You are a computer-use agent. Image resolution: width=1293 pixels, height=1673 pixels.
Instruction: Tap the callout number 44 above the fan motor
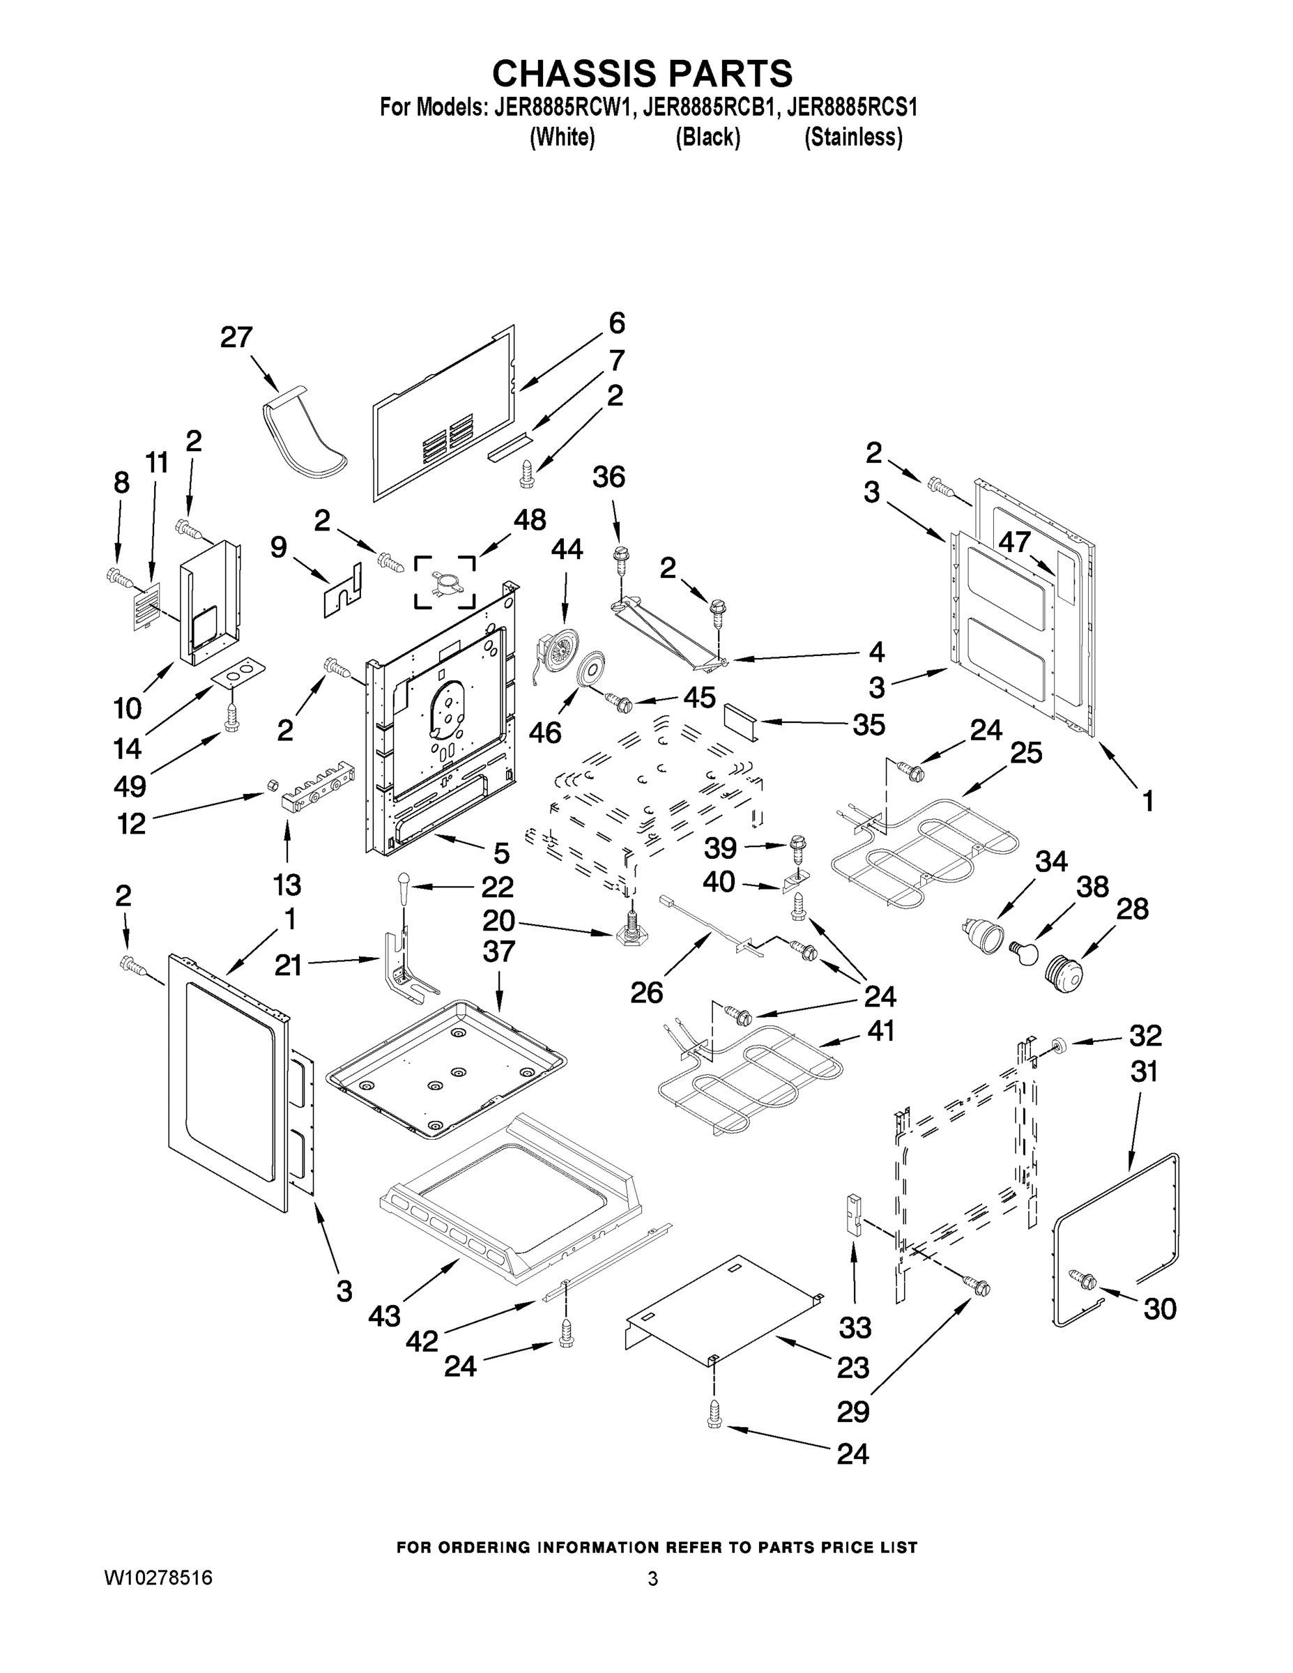tap(566, 549)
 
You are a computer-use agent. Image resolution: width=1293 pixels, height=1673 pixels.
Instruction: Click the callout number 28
tap(1132, 908)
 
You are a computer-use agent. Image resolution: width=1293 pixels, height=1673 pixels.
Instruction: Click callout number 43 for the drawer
tap(384, 1315)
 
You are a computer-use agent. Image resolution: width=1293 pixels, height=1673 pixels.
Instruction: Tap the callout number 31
tap(1144, 1071)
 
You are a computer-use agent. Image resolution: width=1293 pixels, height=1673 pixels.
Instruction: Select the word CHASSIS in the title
tap(574, 75)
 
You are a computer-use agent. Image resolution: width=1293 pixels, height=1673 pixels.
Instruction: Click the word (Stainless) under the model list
tap(852, 138)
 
